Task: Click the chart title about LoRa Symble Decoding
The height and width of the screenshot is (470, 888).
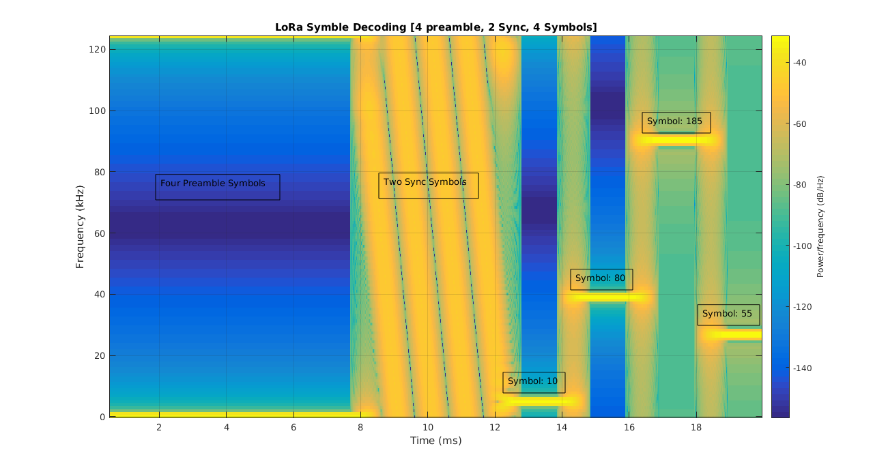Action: [x=435, y=27]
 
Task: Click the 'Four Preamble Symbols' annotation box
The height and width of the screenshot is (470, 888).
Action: [x=217, y=186]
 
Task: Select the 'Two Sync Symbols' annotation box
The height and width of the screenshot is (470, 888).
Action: [x=428, y=186]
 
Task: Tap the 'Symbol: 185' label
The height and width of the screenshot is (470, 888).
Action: [x=676, y=122]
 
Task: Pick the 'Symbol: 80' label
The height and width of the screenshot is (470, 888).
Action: [x=601, y=279]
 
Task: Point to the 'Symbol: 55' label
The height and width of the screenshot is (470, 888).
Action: [x=728, y=314]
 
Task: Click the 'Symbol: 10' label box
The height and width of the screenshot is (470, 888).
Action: [x=533, y=382]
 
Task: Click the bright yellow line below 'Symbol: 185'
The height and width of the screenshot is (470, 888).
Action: [x=676, y=141]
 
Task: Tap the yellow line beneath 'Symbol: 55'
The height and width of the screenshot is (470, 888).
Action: [x=734, y=334]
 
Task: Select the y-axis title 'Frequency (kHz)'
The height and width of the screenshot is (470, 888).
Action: [x=80, y=226]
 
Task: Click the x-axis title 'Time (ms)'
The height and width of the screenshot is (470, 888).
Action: [x=435, y=441]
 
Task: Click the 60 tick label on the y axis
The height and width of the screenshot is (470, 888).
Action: [x=98, y=233]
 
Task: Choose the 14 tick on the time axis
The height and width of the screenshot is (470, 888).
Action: [x=561, y=428]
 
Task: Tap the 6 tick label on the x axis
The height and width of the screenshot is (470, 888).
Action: [x=293, y=428]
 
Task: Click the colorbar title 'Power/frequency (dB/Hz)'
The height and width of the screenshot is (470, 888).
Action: [x=821, y=226]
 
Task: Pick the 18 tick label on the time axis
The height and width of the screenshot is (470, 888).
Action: [x=696, y=428]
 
